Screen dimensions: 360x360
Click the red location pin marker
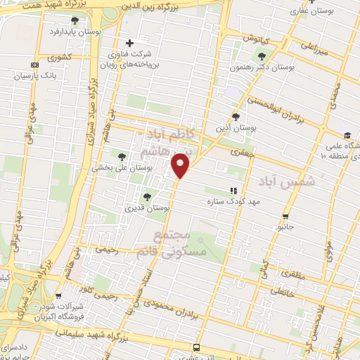[181, 165]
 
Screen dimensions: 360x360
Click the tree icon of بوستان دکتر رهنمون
[262, 57]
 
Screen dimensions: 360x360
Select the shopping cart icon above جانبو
[285, 216]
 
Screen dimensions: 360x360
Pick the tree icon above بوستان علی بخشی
[122, 157]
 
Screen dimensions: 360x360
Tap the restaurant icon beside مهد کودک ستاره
[233, 191]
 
